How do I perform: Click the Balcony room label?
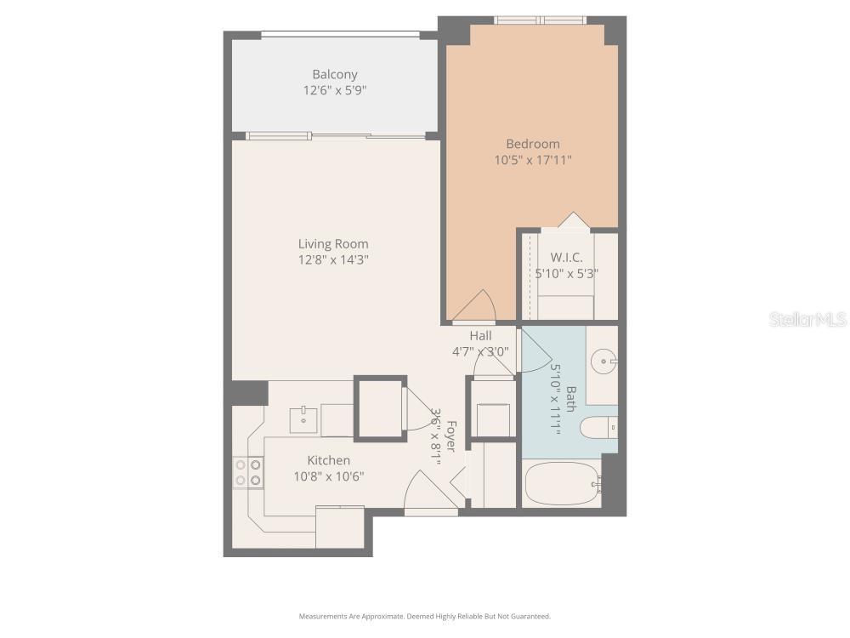point(334,74)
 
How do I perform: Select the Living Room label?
point(333,244)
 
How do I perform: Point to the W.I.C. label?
point(565,257)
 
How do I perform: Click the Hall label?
point(480,335)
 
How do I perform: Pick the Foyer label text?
point(450,436)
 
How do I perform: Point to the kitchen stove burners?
point(247,473)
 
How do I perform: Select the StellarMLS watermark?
point(807,319)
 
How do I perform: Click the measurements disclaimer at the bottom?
point(424,616)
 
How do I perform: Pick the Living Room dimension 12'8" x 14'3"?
point(333,260)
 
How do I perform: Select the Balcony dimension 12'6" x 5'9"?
point(334,90)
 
